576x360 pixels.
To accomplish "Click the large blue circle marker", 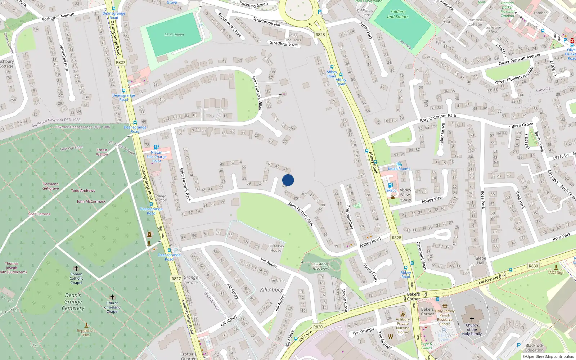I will [288, 180].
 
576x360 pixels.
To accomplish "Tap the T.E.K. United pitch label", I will [174, 35].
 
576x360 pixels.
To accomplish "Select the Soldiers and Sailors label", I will [398, 14].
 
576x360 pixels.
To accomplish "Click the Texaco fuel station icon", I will [390, 185].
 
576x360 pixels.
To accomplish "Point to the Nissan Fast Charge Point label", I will [157, 157].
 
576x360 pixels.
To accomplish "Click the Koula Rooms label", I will [399, 168].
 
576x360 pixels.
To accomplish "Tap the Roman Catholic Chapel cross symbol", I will [76, 269].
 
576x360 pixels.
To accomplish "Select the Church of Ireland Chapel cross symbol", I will [112, 297].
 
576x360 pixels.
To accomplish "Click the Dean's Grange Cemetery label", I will [73, 302].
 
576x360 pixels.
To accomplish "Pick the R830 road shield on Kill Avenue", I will [533, 266].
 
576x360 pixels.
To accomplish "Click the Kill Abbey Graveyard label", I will [321, 266].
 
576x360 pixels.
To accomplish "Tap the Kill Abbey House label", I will [276, 248].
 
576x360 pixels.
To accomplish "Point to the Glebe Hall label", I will [481, 260].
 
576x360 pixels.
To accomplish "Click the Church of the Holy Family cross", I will [472, 319].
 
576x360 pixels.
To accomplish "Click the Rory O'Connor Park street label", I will [438, 118].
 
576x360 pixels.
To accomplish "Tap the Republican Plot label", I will [86, 333].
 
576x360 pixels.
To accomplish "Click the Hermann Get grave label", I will [50, 186].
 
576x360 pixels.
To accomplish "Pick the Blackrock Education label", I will [534, 347].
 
